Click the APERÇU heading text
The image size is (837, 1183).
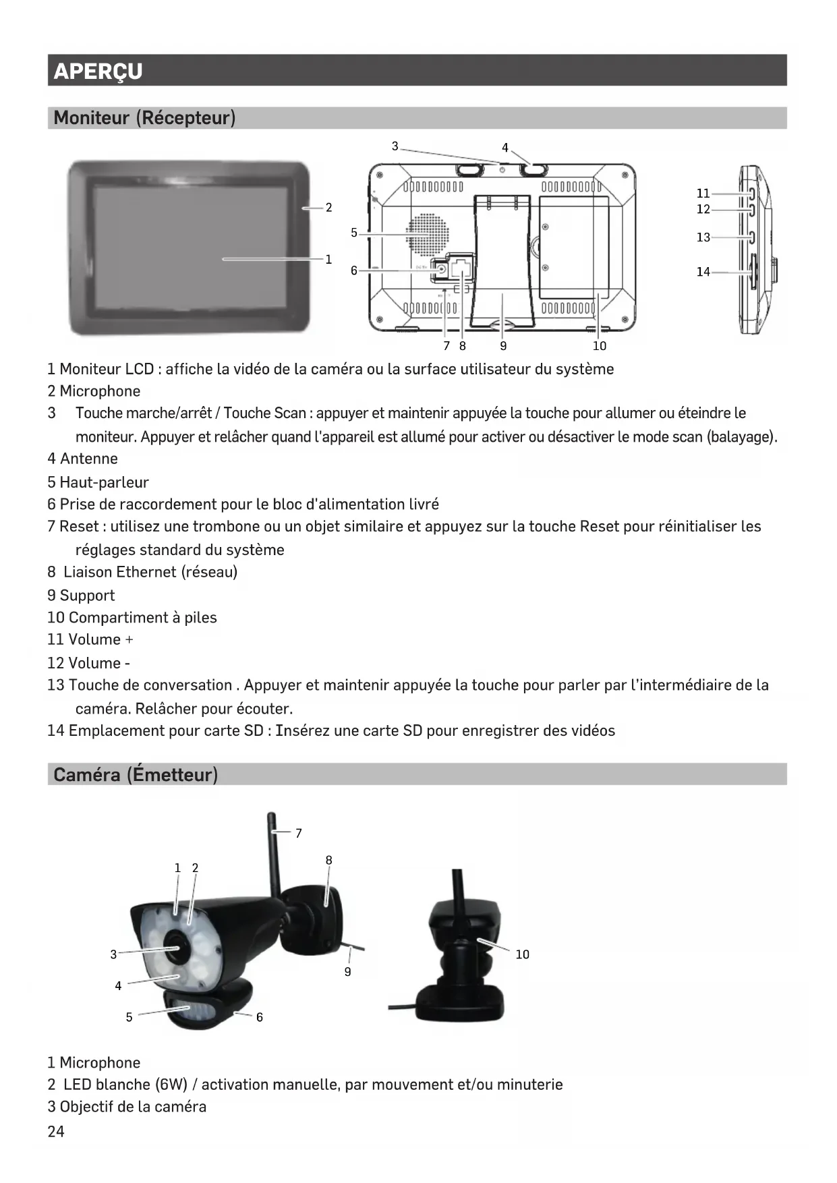point(98,71)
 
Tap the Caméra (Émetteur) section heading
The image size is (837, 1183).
point(136,774)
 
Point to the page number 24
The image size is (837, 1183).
point(56,1132)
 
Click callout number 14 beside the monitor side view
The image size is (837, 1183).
point(703,272)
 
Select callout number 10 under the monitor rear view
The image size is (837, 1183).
point(599,346)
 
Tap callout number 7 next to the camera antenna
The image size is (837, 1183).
point(299,834)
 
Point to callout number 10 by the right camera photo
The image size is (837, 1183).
point(522,954)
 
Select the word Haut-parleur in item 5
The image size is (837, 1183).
point(104,482)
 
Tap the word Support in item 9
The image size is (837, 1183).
point(87,596)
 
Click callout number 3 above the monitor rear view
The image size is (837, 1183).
point(395,146)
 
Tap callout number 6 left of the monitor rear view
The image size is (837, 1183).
point(354,270)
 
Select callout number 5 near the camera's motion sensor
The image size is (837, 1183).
point(129,1017)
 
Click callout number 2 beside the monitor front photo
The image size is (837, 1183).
point(328,208)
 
